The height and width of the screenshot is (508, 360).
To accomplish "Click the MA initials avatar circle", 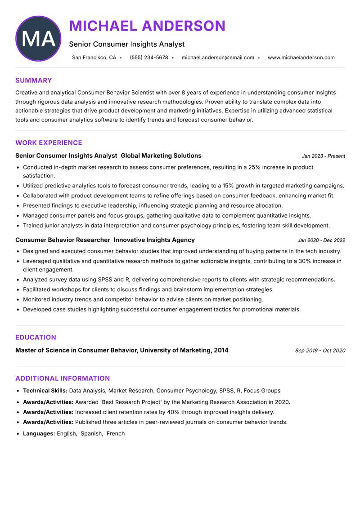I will [x=38, y=39].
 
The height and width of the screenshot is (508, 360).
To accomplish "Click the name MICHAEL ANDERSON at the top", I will [x=147, y=26].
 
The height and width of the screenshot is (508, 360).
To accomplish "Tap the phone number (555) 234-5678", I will [x=149, y=58].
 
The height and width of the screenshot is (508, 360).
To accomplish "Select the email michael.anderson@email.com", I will [x=218, y=58].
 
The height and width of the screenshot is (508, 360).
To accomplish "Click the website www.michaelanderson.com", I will [x=301, y=58].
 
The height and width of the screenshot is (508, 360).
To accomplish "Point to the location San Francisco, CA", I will [x=94, y=58].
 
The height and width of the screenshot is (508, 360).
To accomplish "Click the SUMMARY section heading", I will [x=34, y=80].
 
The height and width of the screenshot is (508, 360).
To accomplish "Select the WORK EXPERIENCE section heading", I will [x=49, y=143].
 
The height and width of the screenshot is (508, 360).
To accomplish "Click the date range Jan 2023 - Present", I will [x=323, y=156].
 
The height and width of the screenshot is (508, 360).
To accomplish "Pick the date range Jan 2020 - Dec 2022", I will [x=321, y=240].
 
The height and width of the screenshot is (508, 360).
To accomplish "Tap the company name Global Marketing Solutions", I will [x=161, y=156].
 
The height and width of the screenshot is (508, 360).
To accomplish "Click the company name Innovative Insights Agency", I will [x=154, y=240].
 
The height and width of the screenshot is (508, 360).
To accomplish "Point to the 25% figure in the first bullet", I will [x=254, y=167].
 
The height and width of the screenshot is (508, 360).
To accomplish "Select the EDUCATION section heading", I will [x=36, y=338].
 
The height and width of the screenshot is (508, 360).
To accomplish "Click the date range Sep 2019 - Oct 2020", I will [x=320, y=351].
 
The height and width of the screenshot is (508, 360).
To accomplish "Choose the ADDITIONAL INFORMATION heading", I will [x=63, y=379].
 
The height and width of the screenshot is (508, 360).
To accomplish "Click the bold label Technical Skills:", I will [x=45, y=391].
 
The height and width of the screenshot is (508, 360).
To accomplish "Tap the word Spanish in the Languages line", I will [x=91, y=434].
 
